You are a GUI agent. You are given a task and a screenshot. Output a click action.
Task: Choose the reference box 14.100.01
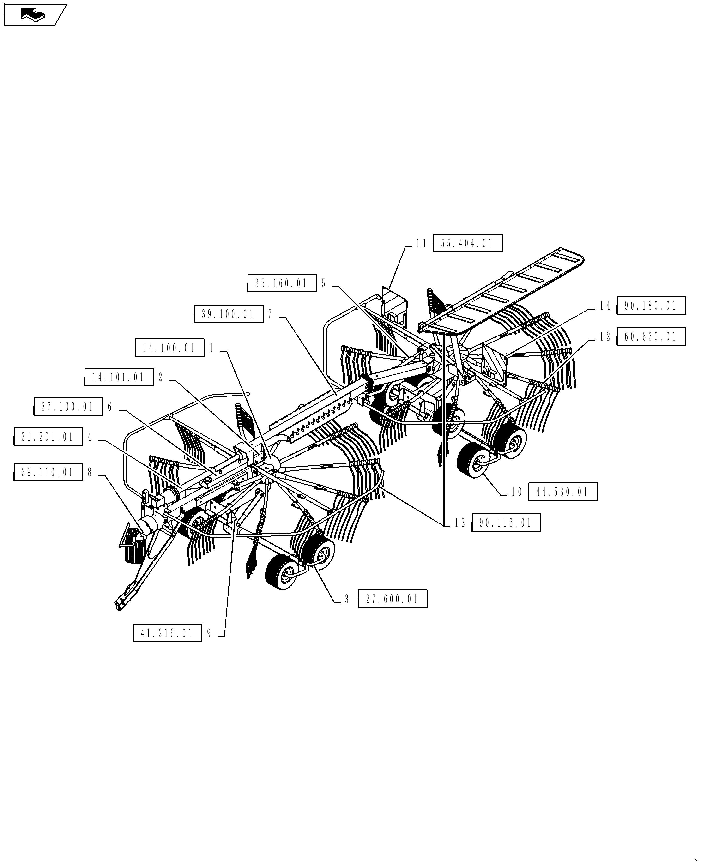click(169, 348)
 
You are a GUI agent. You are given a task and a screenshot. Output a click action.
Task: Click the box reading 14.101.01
click(119, 377)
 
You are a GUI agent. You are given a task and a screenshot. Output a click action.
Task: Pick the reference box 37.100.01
click(68, 407)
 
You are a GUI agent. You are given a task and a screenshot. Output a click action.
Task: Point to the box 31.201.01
click(48, 437)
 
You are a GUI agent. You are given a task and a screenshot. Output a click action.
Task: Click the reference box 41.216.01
click(167, 633)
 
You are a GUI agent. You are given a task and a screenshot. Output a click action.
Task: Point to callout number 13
click(460, 523)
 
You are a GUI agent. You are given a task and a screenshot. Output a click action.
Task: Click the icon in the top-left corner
click(34, 15)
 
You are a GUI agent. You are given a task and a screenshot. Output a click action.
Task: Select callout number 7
click(270, 314)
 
